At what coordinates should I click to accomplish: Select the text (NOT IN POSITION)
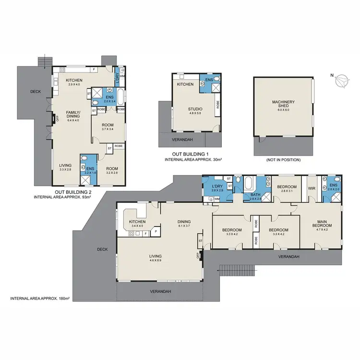(x=283, y=160)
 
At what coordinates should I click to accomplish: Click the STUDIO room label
(x=195, y=109)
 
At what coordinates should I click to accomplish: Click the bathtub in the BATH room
(x=249, y=184)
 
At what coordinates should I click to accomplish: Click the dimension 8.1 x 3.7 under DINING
(x=184, y=226)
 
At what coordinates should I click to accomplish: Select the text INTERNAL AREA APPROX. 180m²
(x=40, y=299)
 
